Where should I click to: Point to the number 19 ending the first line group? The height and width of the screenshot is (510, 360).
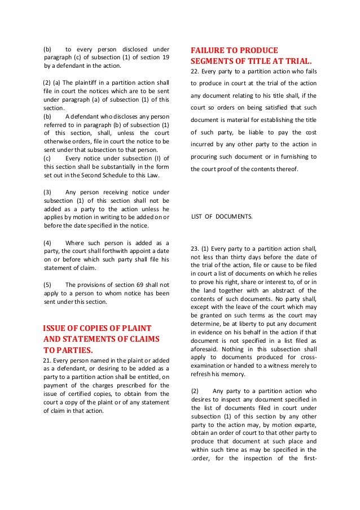click(x=165, y=57)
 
